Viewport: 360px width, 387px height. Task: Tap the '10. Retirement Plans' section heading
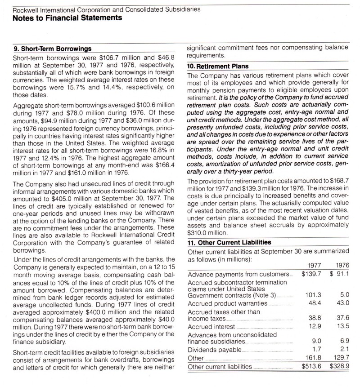pyautogui.click(x=218, y=66)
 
